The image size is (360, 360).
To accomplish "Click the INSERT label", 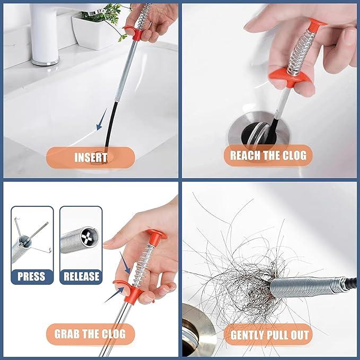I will pos(91,157).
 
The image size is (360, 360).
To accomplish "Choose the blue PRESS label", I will pos(31,276).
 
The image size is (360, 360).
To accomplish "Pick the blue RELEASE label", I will pos(81,276).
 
